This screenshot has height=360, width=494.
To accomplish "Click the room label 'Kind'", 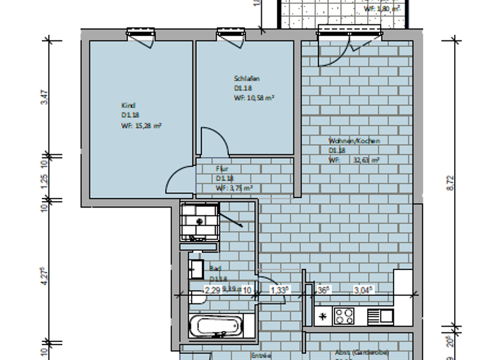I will (x=128, y=105).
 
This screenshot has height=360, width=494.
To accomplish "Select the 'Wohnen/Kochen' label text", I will (x=354, y=141).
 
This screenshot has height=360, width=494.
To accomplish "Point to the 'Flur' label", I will (x=222, y=168).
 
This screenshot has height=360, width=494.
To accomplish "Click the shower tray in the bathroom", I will (x=199, y=220).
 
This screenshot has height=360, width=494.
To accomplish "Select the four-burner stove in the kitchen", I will (x=343, y=316).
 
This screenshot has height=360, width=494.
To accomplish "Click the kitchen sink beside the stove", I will (x=380, y=316).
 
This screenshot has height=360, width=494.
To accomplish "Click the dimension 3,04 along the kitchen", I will (x=363, y=290).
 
